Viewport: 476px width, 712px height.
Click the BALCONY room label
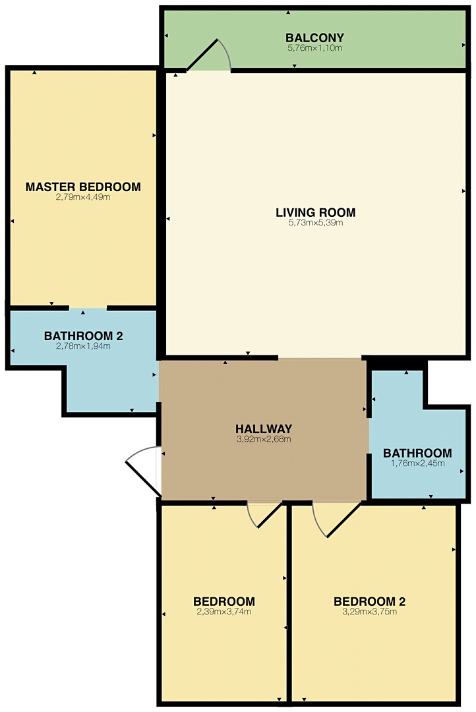tap(314, 37)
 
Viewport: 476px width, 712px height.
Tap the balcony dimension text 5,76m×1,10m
tap(314, 47)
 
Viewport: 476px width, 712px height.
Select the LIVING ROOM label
tap(316, 212)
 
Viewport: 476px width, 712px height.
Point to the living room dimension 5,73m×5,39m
tap(316, 223)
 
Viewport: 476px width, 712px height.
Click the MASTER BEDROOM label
tap(83, 187)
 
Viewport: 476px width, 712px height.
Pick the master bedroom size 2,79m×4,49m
tap(83, 197)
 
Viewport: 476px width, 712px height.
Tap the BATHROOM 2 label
tap(84, 336)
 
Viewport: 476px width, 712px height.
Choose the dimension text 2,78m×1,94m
tap(83, 346)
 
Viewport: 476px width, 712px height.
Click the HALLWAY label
tap(264, 429)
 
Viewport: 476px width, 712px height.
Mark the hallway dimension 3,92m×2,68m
tap(264, 439)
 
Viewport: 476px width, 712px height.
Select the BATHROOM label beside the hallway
tap(417, 453)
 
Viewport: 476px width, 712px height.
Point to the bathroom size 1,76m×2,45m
tap(417, 463)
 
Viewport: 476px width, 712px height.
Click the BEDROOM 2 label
tap(369, 602)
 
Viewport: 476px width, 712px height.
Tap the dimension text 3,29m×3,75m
tap(369, 612)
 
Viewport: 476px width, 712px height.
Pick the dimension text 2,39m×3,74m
tap(224, 612)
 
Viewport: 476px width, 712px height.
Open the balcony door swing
tap(209, 55)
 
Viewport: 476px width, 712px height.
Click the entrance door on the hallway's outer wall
tap(143, 471)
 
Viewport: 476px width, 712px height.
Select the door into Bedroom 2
tap(336, 519)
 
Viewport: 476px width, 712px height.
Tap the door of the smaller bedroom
tap(265, 514)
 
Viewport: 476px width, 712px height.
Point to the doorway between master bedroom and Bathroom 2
tap(88, 309)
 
